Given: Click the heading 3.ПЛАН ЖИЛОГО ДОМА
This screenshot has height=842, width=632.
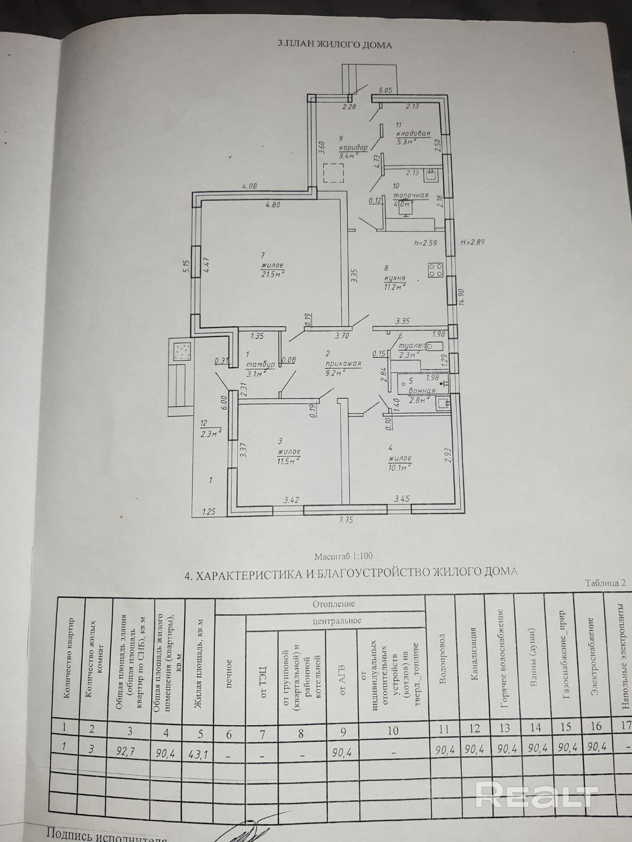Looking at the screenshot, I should [x=334, y=45].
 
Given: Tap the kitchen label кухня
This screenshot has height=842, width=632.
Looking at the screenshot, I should [x=394, y=277].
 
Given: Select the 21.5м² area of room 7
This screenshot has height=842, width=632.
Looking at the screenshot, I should [x=272, y=273].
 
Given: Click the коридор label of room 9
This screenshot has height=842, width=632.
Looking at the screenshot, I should [x=353, y=148].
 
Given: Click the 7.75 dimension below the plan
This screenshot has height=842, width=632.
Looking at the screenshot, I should [x=345, y=520].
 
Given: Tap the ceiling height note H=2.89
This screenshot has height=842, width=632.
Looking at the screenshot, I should [x=472, y=243].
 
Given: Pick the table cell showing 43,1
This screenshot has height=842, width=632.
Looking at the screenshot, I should [x=198, y=755].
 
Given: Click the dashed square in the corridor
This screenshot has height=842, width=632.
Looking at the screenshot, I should [x=333, y=173].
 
